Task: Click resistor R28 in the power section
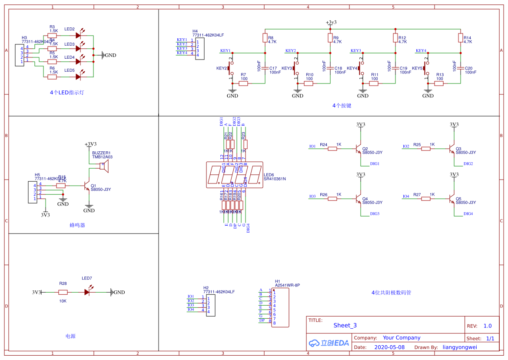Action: (63, 292)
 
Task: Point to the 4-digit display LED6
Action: (235, 175)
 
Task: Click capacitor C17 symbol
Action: (265, 68)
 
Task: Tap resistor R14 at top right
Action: (461, 38)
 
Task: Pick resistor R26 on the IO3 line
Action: (332, 199)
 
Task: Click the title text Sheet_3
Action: (345, 325)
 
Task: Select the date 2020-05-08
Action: (389, 347)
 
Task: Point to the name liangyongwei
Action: (460, 347)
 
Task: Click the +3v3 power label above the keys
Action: (331, 22)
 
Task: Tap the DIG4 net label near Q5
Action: (468, 214)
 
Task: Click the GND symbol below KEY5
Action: (428, 93)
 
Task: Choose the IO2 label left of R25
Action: (406, 147)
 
